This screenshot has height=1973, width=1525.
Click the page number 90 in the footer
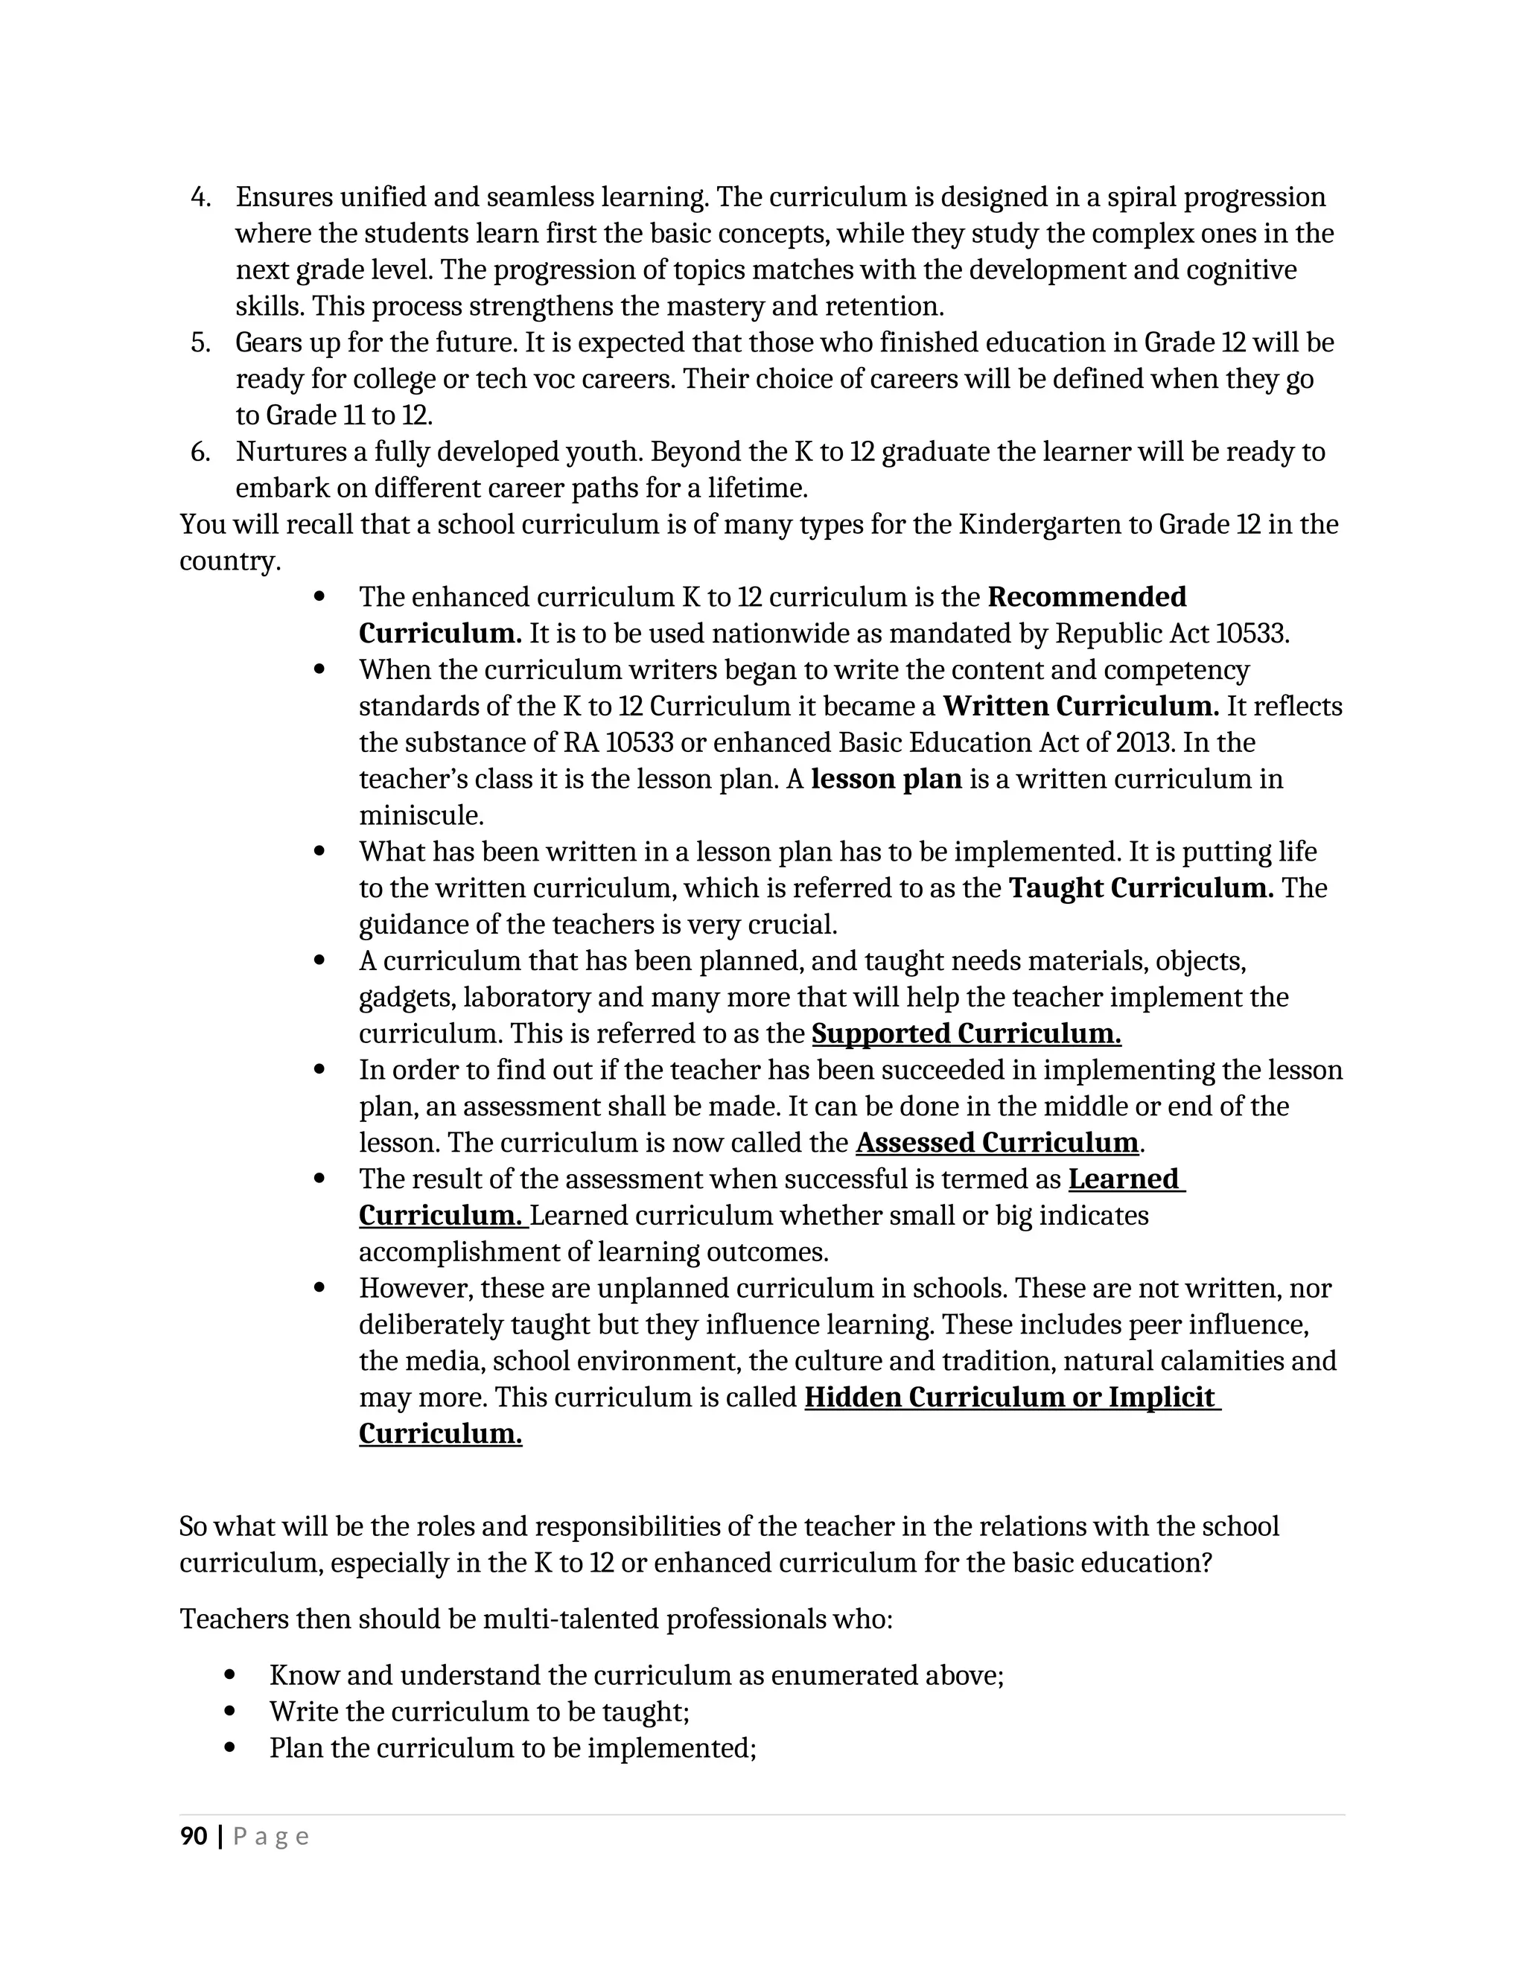194,1837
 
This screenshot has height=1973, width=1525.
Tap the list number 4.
200,198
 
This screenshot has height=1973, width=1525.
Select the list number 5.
200,343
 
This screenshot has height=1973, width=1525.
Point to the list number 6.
200,452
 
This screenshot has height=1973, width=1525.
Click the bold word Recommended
1087,597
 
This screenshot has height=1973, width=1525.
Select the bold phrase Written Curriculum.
1080,707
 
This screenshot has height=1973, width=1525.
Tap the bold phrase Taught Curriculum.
1141,888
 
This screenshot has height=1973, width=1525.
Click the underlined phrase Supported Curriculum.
966,1033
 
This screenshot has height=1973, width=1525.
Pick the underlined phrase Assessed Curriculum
996,1143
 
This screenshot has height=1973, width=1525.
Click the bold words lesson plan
886,779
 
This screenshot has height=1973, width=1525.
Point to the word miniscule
421,816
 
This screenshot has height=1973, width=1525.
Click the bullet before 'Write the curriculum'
229,1711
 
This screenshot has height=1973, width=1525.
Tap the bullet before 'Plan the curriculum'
229,1747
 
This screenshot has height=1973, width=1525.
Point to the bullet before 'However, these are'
319,1288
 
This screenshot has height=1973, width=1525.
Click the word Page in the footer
271,1837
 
